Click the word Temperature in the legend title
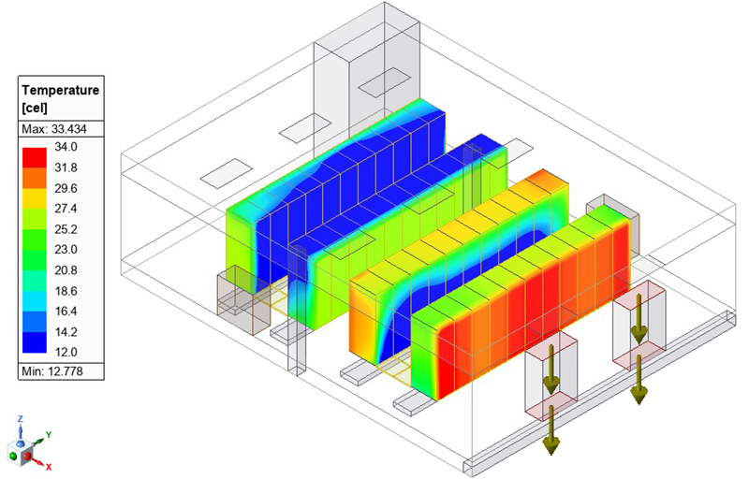(x=61, y=90)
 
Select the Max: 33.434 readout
(x=54, y=129)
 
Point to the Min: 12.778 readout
(x=52, y=371)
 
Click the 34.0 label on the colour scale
(x=66, y=147)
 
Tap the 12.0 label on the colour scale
(x=66, y=352)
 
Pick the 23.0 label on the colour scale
(x=66, y=250)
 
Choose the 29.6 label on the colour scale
(x=66, y=188)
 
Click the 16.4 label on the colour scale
(x=66, y=311)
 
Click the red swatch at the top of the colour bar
(x=35, y=157)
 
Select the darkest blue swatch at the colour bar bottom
(x=35, y=342)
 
